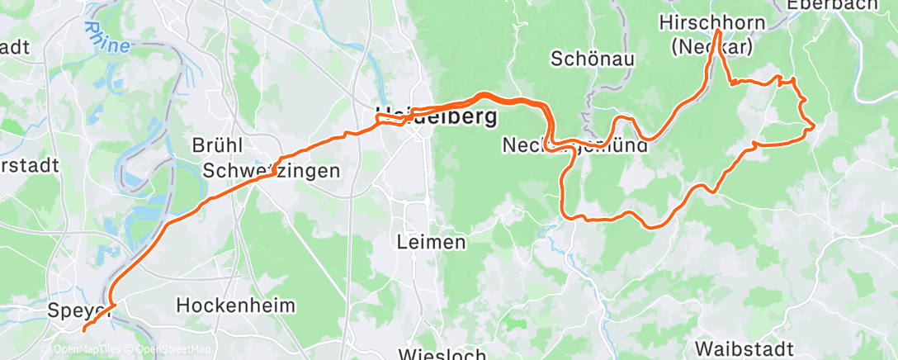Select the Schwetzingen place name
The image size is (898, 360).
click(272, 171)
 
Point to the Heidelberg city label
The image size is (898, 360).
click(436, 116)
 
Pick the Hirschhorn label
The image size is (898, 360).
click(712, 23)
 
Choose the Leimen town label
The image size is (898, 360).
click(431, 242)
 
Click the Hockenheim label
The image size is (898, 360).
click(235, 306)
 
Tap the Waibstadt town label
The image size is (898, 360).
click(746, 346)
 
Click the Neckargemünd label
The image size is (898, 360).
click(576, 146)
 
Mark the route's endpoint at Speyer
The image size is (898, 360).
click(84, 329)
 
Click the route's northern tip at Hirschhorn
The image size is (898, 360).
click(718, 31)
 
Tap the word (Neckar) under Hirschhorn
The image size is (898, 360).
click(711, 47)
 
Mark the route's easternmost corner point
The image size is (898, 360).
click(815, 126)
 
